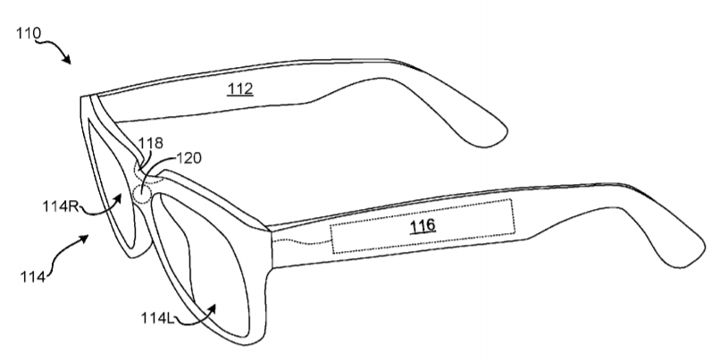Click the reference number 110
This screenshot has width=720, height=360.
click(29, 34)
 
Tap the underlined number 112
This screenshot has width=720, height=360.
click(240, 88)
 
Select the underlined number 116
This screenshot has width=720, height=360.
click(422, 225)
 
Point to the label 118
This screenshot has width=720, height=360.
click(151, 143)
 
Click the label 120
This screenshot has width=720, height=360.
click(188, 158)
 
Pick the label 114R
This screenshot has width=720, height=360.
click(61, 206)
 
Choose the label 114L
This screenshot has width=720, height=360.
click(157, 318)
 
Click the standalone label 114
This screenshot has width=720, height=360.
click(32, 277)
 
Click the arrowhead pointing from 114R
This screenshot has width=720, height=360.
click(118, 198)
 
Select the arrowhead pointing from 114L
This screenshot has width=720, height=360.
click(211, 309)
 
